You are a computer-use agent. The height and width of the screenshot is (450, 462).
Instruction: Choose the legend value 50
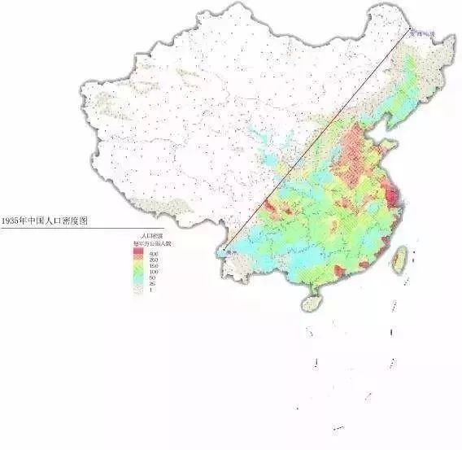[152, 278]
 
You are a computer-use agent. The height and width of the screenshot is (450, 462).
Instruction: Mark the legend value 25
[152, 284]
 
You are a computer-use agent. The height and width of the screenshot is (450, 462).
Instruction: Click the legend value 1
[152, 291]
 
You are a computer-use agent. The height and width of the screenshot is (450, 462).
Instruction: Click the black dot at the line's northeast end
[406, 30]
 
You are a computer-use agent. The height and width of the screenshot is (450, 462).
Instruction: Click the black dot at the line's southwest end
[224, 250]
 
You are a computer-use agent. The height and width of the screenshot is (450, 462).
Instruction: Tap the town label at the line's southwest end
[233, 254]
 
